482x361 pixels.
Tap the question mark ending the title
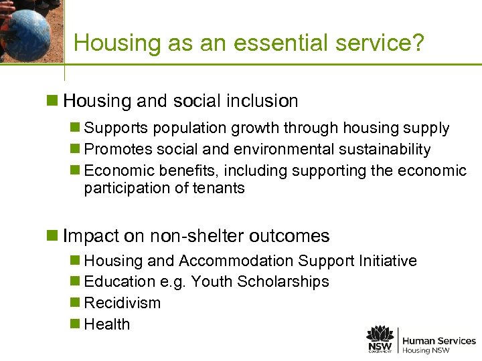pos(418,43)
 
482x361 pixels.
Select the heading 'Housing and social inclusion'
pos(180,101)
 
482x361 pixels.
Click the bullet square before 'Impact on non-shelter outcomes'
pos(52,236)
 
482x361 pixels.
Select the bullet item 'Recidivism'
pos(123,303)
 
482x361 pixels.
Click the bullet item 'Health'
pos(107,324)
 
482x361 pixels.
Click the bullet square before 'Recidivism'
pos(75,303)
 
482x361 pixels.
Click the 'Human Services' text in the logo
pos(438,341)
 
